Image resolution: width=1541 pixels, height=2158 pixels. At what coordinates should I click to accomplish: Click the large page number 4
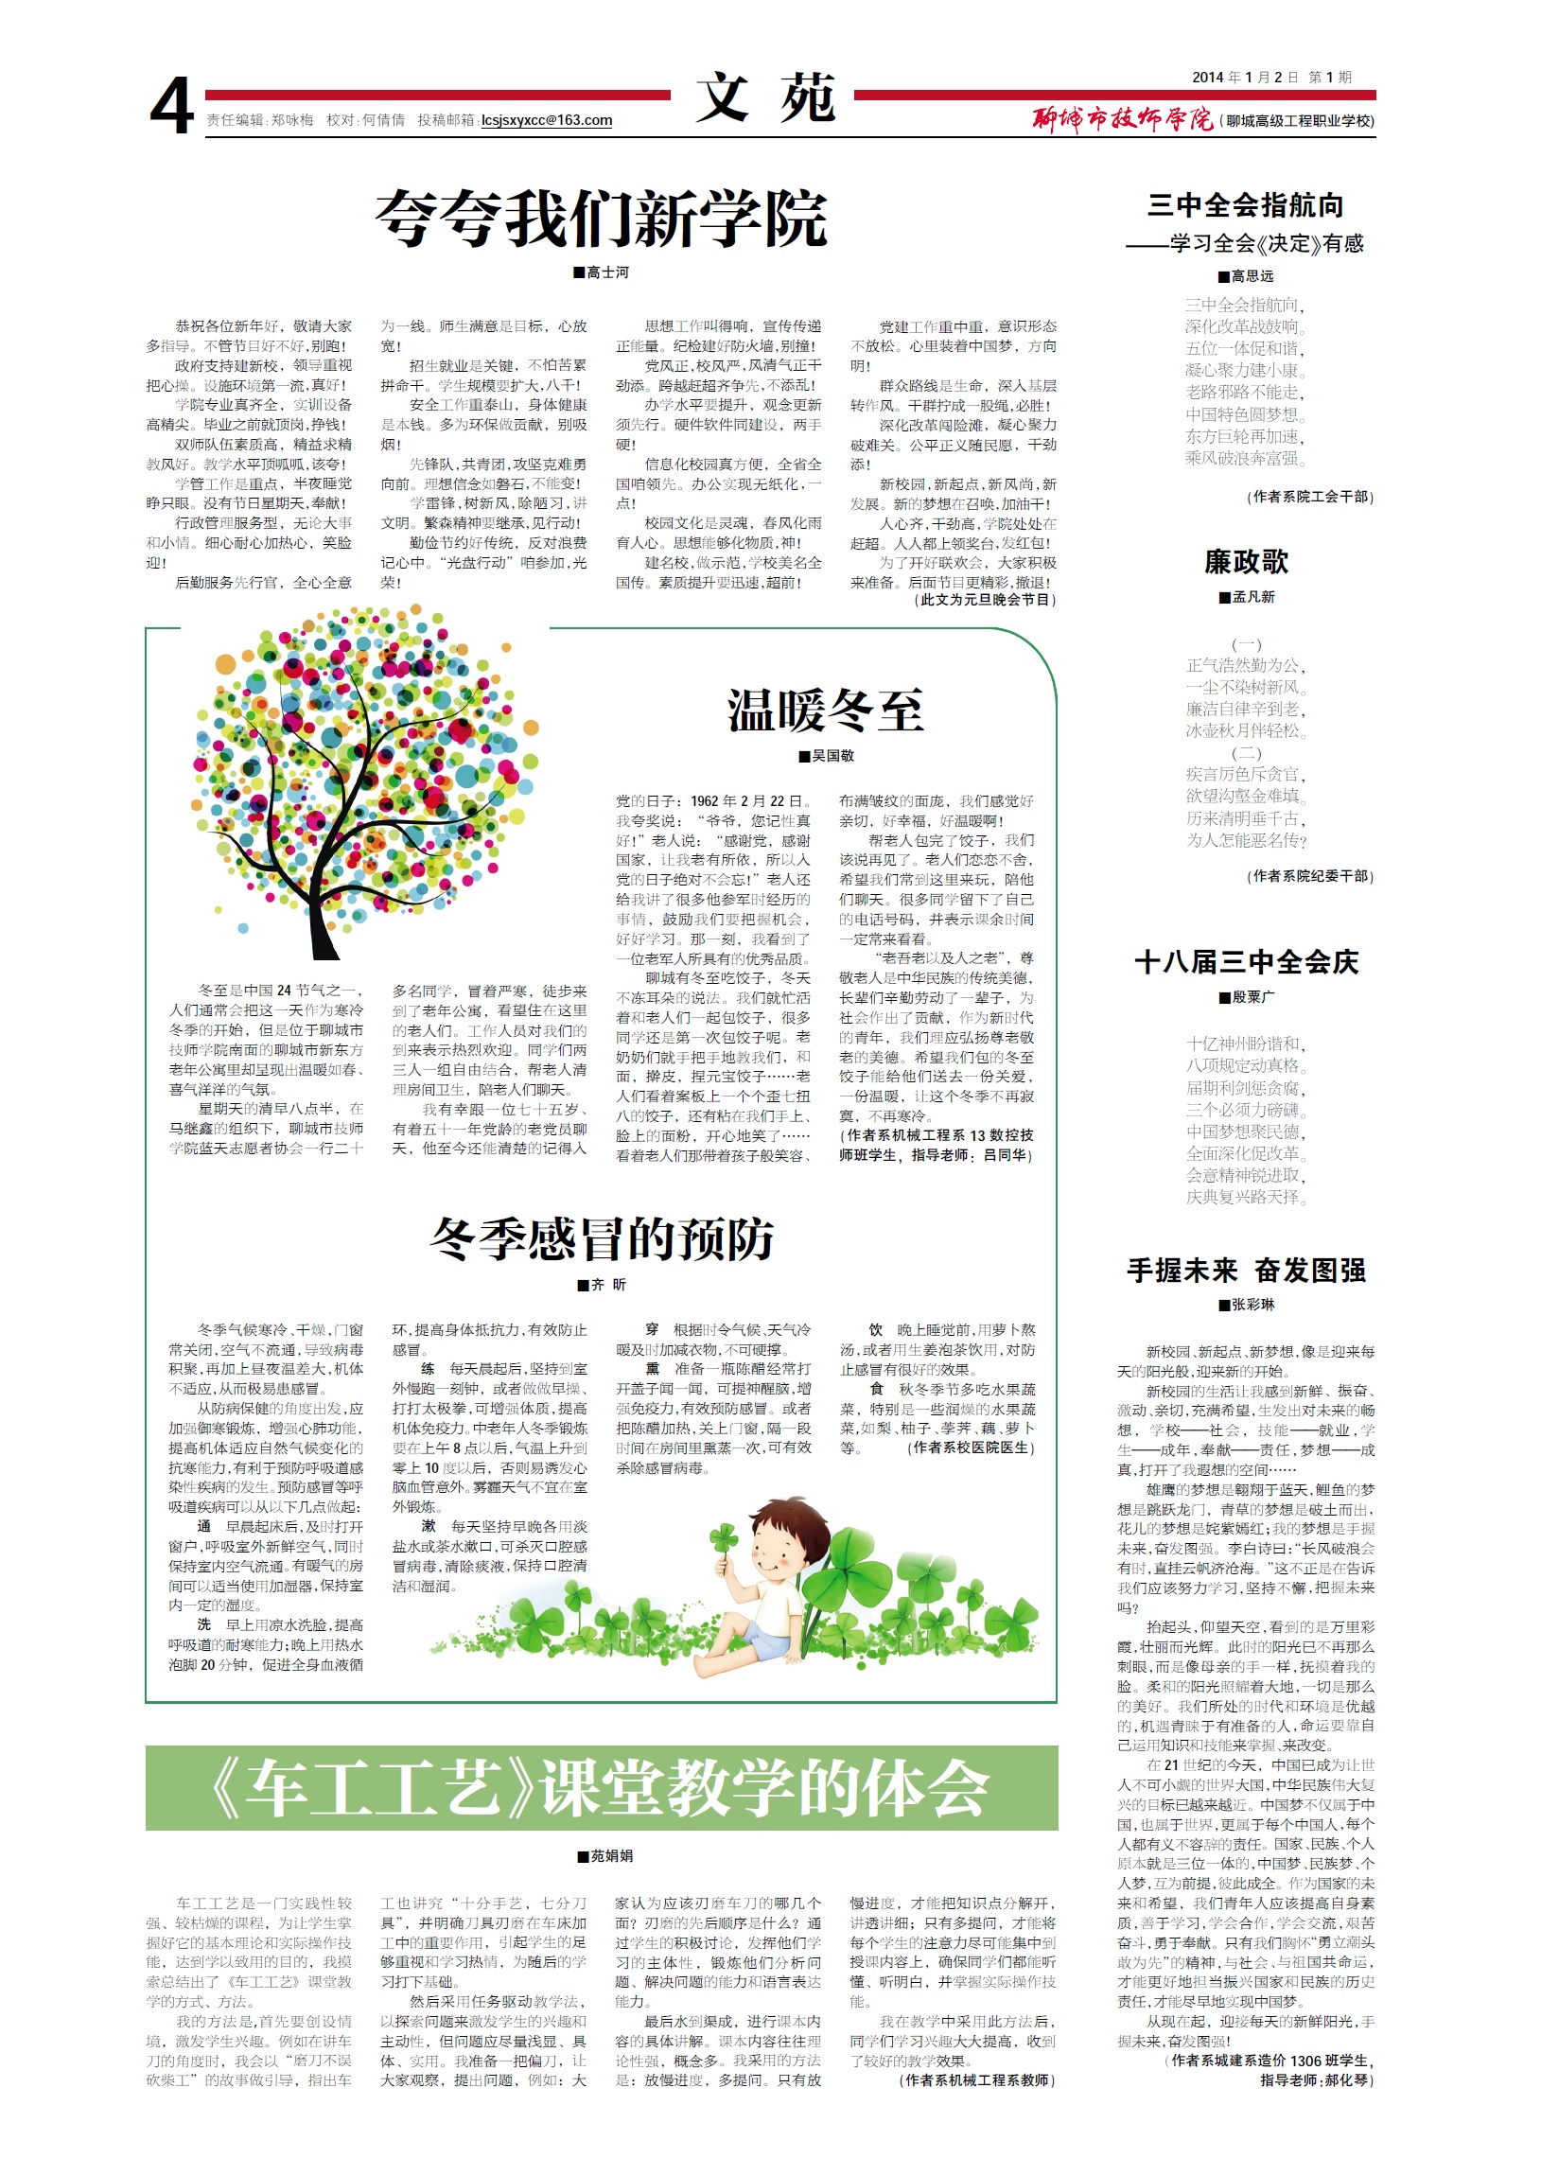[x=173, y=106]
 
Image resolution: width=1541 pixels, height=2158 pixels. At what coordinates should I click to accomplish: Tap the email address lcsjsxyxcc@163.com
[x=547, y=120]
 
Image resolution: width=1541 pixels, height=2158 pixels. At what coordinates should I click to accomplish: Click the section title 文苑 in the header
[x=764, y=97]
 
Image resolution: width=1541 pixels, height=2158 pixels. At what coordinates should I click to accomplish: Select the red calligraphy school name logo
[x=1123, y=119]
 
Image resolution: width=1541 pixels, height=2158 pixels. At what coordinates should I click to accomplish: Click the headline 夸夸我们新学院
[x=601, y=219]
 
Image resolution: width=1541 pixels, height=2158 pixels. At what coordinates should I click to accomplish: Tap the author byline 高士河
[x=602, y=272]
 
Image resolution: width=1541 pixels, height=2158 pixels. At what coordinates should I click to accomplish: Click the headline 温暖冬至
[x=825, y=711]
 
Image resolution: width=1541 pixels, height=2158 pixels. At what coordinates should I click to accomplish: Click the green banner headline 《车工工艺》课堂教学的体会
[x=602, y=1788]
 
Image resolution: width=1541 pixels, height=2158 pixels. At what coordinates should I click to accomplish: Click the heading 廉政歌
[x=1246, y=562]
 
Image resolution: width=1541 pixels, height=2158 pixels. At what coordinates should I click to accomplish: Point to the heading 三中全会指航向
[x=1245, y=206]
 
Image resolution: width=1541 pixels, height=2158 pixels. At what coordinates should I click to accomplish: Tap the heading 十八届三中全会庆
[x=1246, y=962]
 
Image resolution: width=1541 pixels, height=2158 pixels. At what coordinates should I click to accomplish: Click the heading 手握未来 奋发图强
[x=1246, y=1270]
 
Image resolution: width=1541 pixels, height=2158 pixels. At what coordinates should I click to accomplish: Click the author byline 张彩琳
[x=1247, y=1305]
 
